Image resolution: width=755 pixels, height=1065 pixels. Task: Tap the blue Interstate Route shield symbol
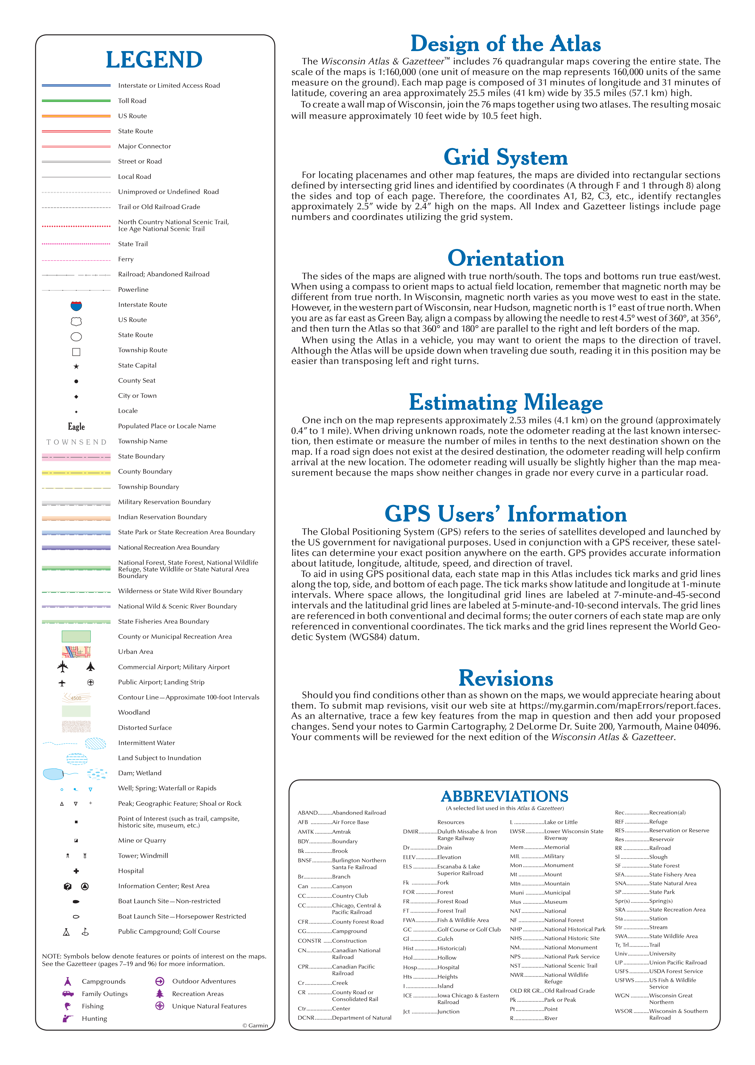pyautogui.click(x=76, y=306)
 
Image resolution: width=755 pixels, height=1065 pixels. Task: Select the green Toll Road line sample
pyautogui.click(x=76, y=101)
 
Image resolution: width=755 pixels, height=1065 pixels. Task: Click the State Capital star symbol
pyautogui.click(x=76, y=366)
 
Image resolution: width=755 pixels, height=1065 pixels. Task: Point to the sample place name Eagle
pyautogui.click(x=76, y=427)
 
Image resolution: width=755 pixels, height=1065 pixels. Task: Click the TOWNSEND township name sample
pyautogui.click(x=76, y=442)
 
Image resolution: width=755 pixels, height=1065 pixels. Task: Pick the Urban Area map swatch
pyautogui.click(x=76, y=652)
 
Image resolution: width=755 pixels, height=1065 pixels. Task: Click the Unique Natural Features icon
pyautogui.click(x=159, y=1006)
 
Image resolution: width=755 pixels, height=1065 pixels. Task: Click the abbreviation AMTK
pyautogui.click(x=305, y=831)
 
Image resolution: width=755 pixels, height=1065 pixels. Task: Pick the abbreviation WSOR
pyautogui.click(x=623, y=1011)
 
